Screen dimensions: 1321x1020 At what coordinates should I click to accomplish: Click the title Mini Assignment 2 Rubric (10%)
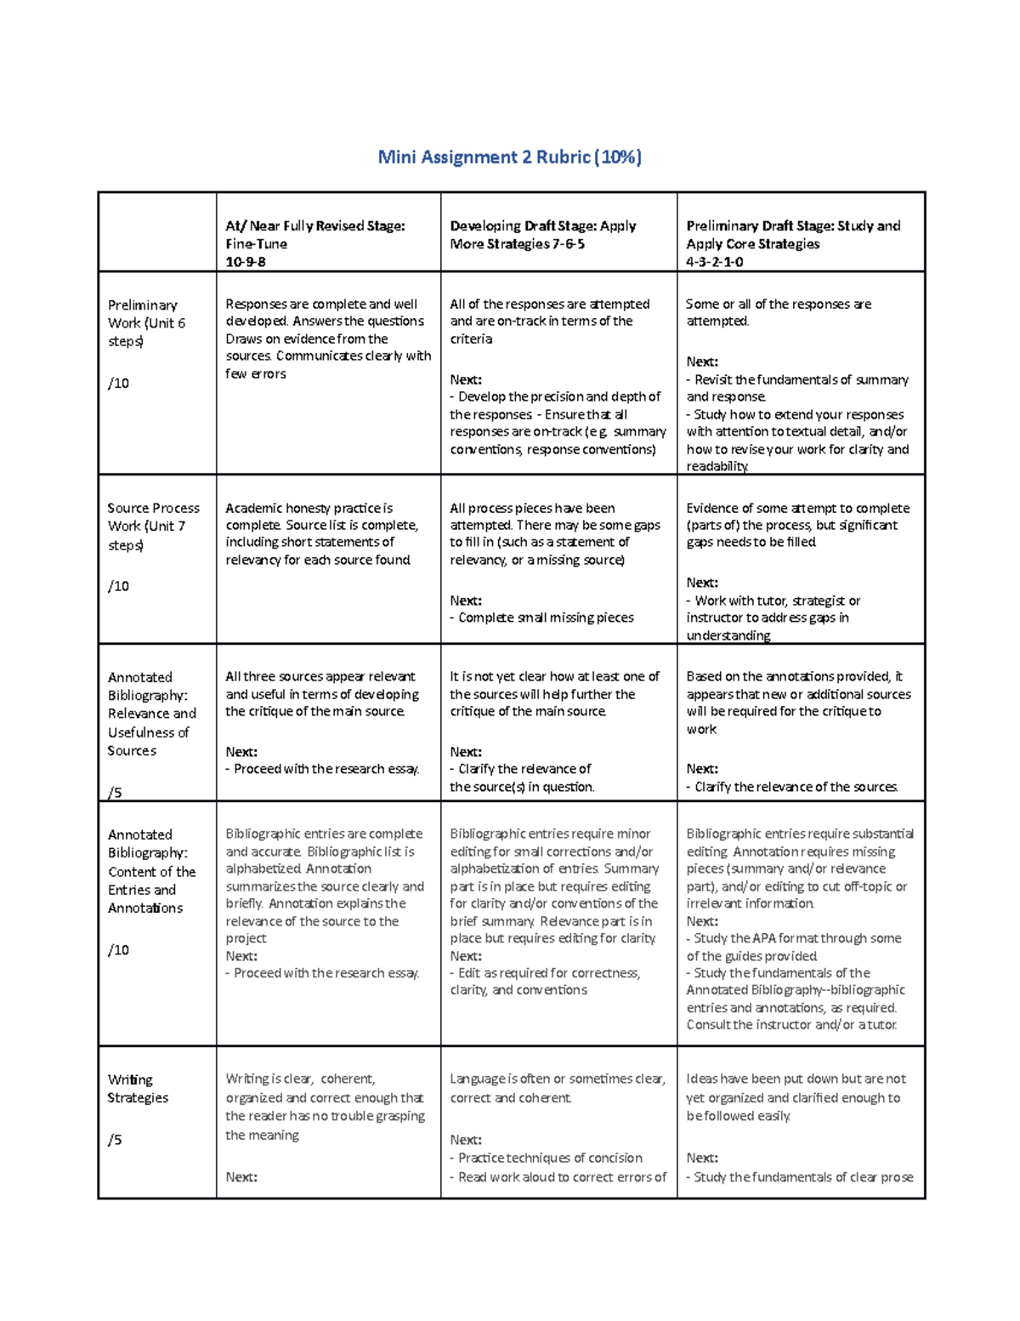click(x=509, y=157)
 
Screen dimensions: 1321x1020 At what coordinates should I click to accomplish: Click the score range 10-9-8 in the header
click(x=246, y=262)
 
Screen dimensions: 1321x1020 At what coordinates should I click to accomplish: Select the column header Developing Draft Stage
click(x=542, y=226)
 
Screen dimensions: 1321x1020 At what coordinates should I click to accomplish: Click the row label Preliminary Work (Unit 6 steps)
click(x=145, y=323)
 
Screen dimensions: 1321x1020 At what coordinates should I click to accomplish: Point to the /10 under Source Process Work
click(x=118, y=586)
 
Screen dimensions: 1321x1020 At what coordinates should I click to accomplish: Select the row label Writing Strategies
click(x=138, y=1089)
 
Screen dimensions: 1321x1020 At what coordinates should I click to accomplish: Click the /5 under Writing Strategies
click(x=115, y=1140)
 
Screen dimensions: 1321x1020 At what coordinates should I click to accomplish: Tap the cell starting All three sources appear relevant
click(x=322, y=694)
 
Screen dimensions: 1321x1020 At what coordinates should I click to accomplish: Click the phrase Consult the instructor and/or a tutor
click(x=791, y=1025)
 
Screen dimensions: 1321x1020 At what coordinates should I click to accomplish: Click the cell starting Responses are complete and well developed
click(x=327, y=339)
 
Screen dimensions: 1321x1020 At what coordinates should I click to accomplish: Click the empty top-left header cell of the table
click(x=157, y=232)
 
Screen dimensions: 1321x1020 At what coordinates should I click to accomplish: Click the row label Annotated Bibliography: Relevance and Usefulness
click(x=150, y=714)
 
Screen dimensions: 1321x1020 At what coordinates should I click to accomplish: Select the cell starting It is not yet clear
click(x=554, y=694)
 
